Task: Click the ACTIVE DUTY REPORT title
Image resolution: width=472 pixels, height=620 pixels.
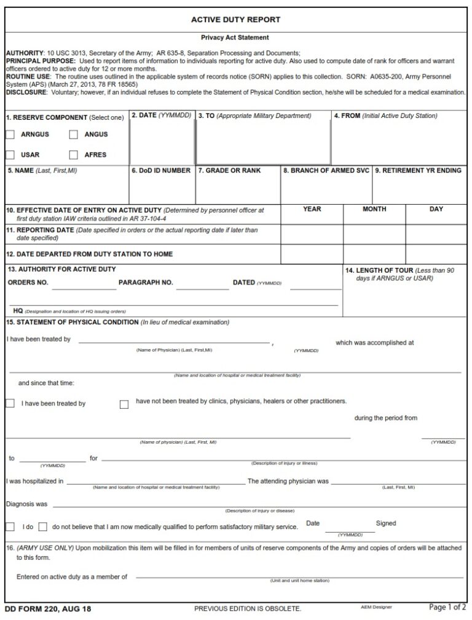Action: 235,20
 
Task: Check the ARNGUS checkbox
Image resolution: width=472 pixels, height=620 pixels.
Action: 10,135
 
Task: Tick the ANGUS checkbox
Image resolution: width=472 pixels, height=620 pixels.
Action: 73,135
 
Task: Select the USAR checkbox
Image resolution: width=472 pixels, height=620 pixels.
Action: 10,155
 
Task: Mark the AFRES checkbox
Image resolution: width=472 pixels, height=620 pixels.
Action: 73,155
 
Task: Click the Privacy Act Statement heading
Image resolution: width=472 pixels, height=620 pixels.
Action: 235,37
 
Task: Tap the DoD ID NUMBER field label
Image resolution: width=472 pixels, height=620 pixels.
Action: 161,171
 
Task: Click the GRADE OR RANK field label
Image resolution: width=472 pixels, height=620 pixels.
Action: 229,171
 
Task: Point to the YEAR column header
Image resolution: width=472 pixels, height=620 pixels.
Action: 312,210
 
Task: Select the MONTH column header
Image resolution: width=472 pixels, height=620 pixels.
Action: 374,210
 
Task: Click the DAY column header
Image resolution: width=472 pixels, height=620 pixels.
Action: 436,210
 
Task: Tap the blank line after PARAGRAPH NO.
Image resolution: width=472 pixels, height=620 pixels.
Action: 202,285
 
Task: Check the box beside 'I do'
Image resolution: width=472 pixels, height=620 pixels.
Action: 10,527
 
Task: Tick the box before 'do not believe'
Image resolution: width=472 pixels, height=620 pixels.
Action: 43,527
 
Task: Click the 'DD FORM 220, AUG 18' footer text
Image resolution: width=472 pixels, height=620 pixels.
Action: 48,609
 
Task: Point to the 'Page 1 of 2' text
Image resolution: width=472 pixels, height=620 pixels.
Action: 447,608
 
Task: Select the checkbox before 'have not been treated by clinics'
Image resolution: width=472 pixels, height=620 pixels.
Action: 124,404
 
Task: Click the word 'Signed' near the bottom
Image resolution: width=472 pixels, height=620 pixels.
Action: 386,524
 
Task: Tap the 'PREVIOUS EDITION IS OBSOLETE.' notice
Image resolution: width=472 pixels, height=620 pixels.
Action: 248,609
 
